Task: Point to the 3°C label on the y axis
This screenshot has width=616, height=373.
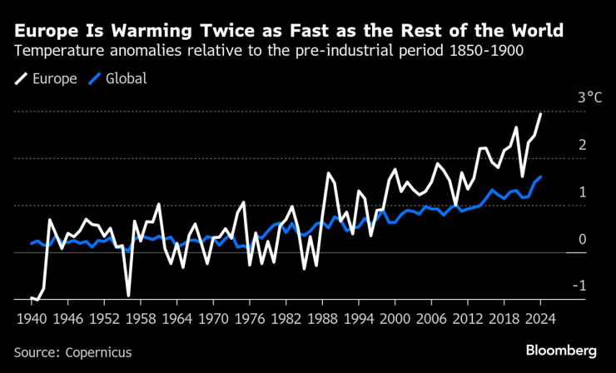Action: click(x=589, y=98)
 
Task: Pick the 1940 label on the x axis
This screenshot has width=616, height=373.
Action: click(x=32, y=318)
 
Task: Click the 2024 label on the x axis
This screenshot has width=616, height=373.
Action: click(x=539, y=318)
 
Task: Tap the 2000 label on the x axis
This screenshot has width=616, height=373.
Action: click(x=399, y=318)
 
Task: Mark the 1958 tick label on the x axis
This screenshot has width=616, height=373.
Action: click(x=138, y=318)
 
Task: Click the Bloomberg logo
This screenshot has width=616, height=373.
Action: click(x=562, y=351)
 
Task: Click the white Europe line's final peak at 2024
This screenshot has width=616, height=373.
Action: click(x=540, y=114)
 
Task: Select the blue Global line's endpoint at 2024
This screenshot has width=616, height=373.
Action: click(x=540, y=177)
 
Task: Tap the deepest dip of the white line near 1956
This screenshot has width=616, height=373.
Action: click(x=128, y=295)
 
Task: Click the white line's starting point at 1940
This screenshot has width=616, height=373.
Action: click(x=32, y=297)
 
